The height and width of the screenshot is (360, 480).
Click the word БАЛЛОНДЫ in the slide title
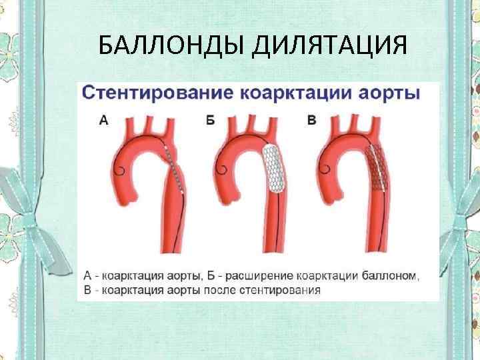pyautogui.click(x=170, y=47)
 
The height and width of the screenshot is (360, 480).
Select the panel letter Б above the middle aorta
pyautogui.click(x=211, y=121)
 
